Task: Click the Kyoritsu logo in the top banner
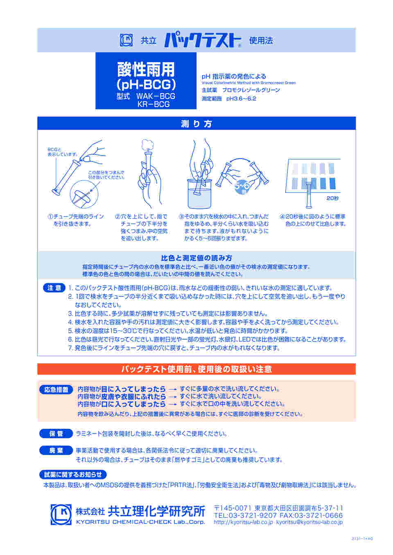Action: click(126, 40)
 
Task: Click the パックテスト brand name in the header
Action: click(203, 40)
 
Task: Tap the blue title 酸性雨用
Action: click(146, 69)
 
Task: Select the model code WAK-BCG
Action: click(156, 96)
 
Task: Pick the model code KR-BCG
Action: click(153, 104)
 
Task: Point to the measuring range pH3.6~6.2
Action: click(241, 98)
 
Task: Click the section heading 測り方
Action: click(196, 124)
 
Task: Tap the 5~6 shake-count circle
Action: click(242, 187)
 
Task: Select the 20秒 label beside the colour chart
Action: click(332, 198)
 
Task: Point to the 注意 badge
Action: click(54, 288)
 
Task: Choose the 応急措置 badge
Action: click(56, 389)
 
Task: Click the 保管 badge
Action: click(56, 434)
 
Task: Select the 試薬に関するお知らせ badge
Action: click(73, 474)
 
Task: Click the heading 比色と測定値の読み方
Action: click(196, 258)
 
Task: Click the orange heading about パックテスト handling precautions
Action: click(196, 369)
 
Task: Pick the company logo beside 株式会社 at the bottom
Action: click(61, 515)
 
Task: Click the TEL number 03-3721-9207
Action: click(245, 515)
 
